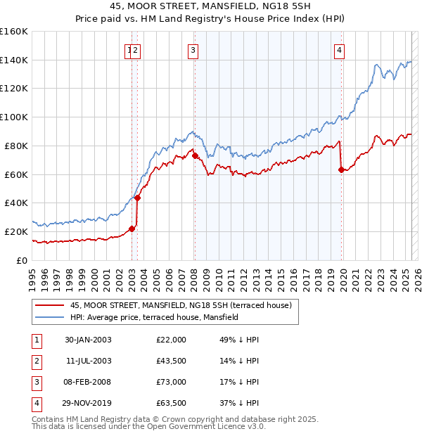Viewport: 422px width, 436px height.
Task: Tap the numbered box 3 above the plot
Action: (x=193, y=50)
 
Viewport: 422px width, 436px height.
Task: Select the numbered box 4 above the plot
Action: (x=339, y=50)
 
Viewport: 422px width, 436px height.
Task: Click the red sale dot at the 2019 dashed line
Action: (x=341, y=169)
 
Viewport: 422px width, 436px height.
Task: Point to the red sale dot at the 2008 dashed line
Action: (x=195, y=156)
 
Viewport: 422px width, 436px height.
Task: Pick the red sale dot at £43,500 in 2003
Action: (x=138, y=198)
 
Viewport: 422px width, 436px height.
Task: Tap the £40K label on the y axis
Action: (x=16, y=203)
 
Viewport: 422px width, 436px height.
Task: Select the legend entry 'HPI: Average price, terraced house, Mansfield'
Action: (x=154, y=317)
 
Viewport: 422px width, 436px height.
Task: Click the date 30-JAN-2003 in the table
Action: (x=88, y=340)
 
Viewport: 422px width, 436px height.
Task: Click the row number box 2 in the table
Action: (x=36, y=361)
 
